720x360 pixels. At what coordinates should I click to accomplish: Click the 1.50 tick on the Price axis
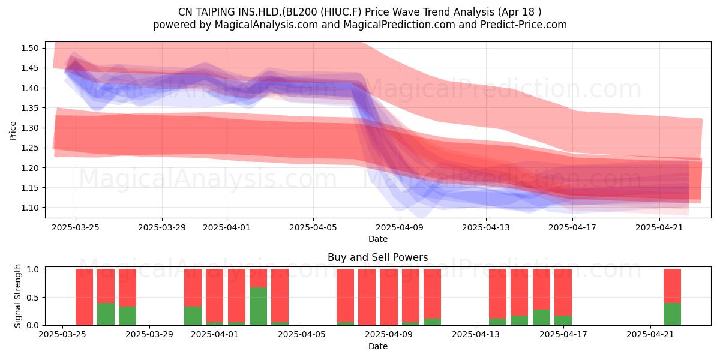29,48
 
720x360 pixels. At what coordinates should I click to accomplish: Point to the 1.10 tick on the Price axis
29,208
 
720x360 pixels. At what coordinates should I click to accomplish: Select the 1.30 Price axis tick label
29,128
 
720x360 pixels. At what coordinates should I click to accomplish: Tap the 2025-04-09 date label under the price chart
400,227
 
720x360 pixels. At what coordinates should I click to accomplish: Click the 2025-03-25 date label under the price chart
76,227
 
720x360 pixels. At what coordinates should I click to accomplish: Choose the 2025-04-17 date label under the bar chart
563,334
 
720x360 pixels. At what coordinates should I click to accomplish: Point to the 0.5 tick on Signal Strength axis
33,298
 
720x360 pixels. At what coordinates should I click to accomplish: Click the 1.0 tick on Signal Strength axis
33,269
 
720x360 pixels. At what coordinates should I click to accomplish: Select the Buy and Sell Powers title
377,257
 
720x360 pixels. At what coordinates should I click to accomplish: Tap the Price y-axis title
13,131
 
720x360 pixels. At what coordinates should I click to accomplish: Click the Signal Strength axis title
17,296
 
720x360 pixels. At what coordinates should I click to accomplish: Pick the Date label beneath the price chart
378,239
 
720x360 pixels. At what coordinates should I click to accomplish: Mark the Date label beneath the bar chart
378,346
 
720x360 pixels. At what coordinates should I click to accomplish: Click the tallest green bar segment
258,307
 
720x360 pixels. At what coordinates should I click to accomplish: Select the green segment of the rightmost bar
672,314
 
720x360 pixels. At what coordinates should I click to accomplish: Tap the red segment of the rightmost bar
672,286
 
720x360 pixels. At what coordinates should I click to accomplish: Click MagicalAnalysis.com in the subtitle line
266,25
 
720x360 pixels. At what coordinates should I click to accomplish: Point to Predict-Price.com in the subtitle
524,25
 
